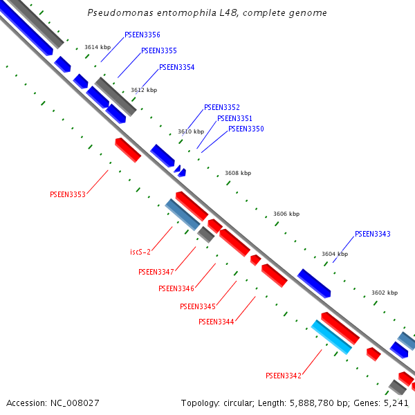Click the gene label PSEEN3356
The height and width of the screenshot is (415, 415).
142,35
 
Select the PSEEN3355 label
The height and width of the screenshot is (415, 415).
159,51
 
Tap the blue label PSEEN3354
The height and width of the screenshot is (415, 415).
177,68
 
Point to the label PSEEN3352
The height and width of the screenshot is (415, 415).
222,108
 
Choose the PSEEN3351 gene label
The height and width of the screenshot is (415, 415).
235,118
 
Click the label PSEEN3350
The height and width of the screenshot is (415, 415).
246,129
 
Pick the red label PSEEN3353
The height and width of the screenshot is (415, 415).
68,195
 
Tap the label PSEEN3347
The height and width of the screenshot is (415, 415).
156,273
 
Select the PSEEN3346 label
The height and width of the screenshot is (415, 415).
176,288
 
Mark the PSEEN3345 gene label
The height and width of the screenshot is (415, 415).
198,306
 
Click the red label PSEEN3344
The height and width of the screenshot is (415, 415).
216,322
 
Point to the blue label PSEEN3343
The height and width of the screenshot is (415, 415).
373,234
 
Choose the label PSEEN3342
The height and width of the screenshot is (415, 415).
284,376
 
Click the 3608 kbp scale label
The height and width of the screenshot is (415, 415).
238,174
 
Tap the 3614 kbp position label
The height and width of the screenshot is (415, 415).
98,47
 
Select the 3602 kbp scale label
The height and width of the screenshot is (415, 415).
385,293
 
